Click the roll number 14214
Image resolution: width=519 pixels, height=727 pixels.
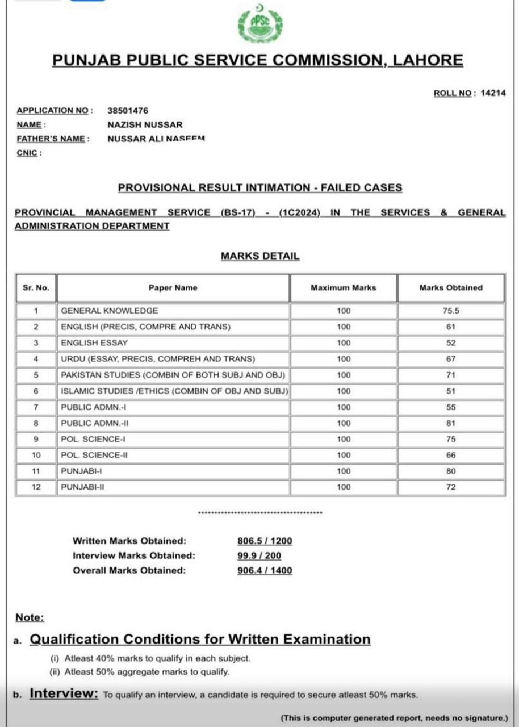(492, 93)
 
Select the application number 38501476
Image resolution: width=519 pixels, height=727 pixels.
(128, 111)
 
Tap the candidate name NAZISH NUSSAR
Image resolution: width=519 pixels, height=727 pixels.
(145, 125)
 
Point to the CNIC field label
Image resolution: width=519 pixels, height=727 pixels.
(28, 153)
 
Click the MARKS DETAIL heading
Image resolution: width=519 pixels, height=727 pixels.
(259, 256)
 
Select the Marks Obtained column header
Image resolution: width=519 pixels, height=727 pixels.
(451, 288)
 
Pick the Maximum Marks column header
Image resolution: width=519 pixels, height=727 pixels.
(343, 288)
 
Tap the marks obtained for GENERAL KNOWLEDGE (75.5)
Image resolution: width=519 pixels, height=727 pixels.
(451, 311)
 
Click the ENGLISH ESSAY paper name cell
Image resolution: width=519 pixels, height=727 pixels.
(94, 343)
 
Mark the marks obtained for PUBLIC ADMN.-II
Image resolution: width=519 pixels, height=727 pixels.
(451, 423)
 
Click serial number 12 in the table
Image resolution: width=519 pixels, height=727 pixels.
(36, 487)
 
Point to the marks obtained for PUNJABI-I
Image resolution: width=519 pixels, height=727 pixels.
(451, 471)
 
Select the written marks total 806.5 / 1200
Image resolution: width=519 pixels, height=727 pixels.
(265, 541)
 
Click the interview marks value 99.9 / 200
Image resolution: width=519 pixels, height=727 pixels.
(259, 556)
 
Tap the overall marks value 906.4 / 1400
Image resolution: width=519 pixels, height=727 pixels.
(265, 570)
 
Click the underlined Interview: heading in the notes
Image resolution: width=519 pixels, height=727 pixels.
(64, 693)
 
